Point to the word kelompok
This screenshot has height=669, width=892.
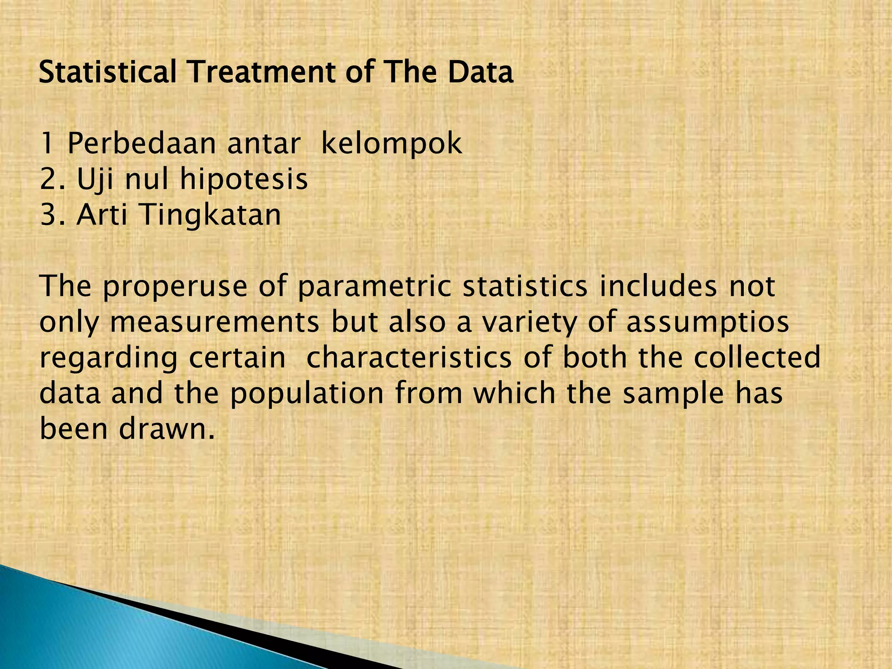(x=391, y=143)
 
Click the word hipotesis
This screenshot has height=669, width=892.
(x=244, y=179)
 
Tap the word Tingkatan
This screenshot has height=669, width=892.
(x=211, y=215)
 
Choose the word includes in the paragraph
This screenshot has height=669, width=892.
(x=658, y=286)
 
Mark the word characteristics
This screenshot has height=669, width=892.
(x=409, y=358)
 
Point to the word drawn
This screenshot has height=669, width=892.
(x=167, y=429)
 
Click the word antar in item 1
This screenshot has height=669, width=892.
(x=264, y=143)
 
